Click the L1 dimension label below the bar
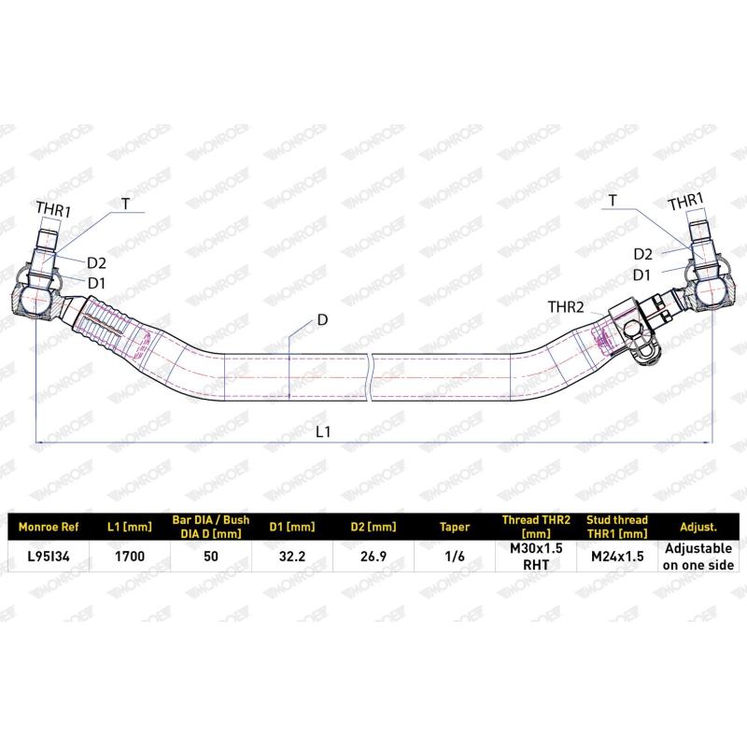tap(322, 431)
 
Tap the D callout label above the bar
tap(322, 319)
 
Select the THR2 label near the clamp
tap(566, 307)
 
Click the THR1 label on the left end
tap(53, 209)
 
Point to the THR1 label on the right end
tap(685, 202)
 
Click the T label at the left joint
tap(125, 204)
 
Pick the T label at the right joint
tap(613, 201)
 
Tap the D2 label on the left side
tap(96, 263)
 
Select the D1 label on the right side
tap(641, 275)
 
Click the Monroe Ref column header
tap(49, 527)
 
